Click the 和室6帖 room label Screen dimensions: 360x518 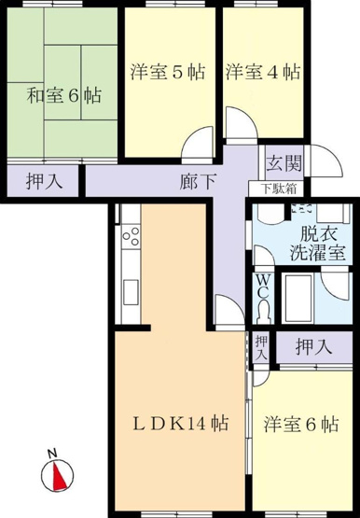click(64, 95)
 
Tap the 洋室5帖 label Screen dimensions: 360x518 click(168, 71)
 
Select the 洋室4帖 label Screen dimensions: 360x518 click(263, 71)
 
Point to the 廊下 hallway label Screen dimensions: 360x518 click(198, 181)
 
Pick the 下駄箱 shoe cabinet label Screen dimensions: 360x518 click(279, 189)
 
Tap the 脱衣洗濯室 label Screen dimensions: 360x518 click(318, 244)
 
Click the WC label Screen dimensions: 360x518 click(263, 287)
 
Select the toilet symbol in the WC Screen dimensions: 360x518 click(263, 311)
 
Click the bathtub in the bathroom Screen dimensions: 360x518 click(298, 298)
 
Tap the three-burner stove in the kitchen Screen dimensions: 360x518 click(131, 235)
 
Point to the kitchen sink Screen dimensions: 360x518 click(131, 292)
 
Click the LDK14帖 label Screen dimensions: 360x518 click(181, 424)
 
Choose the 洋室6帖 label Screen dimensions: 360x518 click(301, 424)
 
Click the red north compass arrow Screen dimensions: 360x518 click(59, 477)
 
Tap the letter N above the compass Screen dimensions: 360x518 click(51, 454)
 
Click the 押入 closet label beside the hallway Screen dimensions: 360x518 click(44, 181)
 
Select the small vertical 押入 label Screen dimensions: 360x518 click(261, 348)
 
